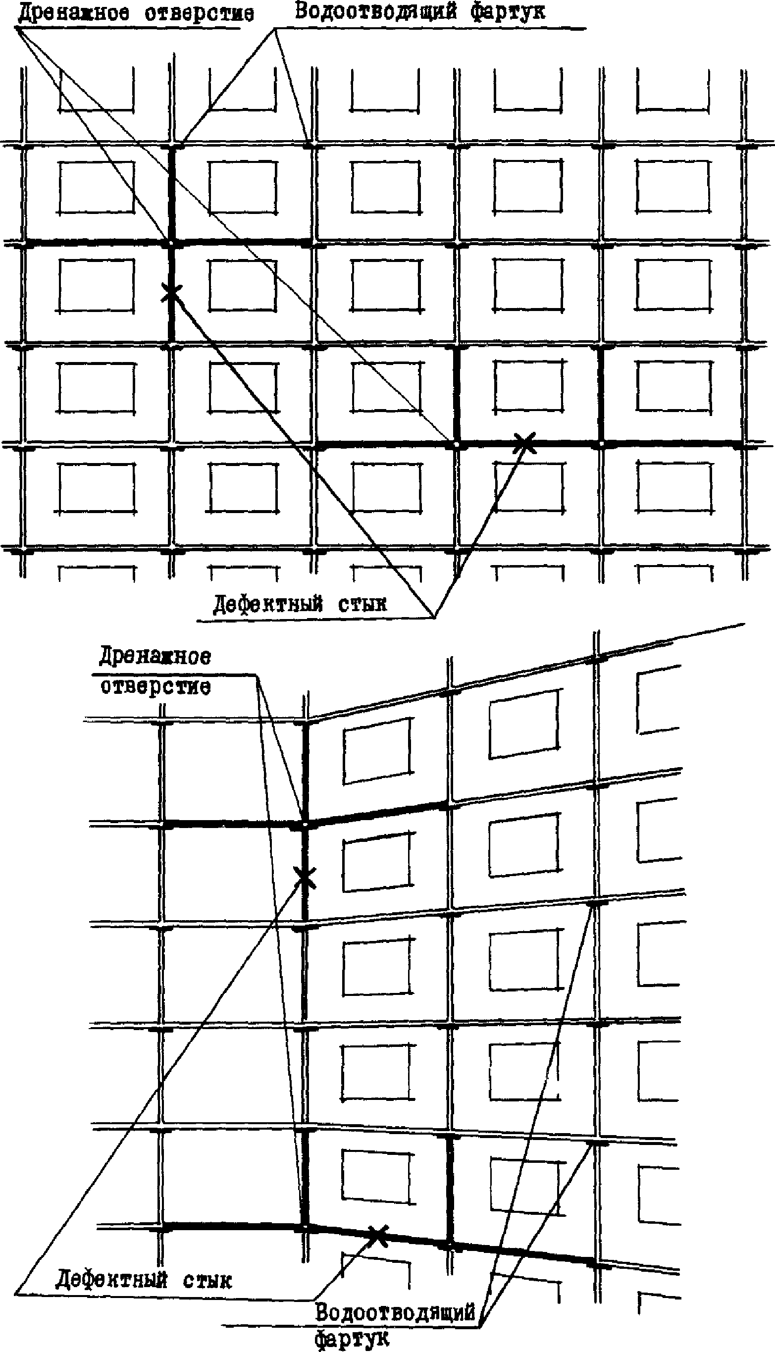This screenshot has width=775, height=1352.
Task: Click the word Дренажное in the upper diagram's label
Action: point(73,12)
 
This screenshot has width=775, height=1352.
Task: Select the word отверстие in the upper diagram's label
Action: point(199,13)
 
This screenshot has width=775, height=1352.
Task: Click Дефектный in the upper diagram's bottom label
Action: point(268,604)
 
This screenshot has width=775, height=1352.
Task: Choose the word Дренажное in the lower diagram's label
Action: point(155,657)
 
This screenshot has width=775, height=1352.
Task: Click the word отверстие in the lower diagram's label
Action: point(155,686)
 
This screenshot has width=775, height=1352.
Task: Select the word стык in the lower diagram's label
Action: point(207,1280)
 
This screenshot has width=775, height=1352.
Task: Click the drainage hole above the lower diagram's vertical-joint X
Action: point(305,825)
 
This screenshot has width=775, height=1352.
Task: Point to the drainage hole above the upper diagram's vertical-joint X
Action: point(171,243)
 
